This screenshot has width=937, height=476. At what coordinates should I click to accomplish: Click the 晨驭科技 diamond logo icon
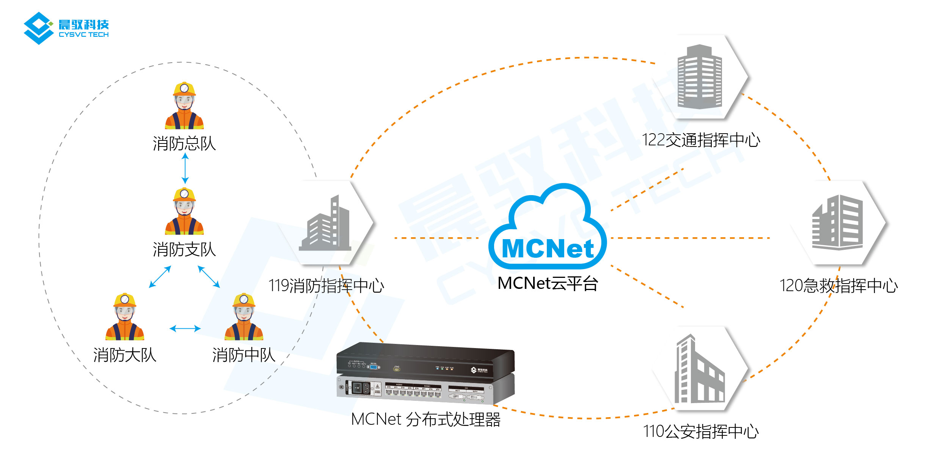[x=38, y=28]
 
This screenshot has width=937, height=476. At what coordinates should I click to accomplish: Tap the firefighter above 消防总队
[x=184, y=106]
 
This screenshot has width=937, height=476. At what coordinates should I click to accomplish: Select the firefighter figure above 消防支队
[x=184, y=211]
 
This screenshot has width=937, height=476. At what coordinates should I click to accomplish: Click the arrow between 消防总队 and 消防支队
[x=185, y=168]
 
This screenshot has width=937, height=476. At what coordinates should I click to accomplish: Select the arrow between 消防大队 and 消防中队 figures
[x=185, y=328]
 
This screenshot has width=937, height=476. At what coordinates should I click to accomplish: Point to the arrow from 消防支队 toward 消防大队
[x=160, y=277]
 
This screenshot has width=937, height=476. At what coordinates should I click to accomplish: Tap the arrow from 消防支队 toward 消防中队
[x=209, y=277]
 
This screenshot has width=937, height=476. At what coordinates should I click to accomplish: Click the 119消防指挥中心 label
[x=326, y=286]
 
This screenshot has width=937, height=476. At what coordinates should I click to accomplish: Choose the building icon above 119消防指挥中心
[x=325, y=224]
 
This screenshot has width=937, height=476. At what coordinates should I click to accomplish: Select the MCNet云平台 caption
[x=548, y=284]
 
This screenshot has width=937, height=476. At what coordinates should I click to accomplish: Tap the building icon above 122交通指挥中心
[x=700, y=77]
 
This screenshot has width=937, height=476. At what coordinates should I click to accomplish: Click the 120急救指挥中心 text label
[x=838, y=286]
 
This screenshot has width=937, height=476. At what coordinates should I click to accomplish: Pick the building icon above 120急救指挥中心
[x=837, y=222]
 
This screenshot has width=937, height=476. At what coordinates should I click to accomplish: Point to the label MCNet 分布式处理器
[x=425, y=419]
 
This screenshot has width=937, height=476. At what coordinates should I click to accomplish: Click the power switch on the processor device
[x=356, y=388]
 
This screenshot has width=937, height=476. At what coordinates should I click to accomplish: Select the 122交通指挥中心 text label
[x=701, y=140]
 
